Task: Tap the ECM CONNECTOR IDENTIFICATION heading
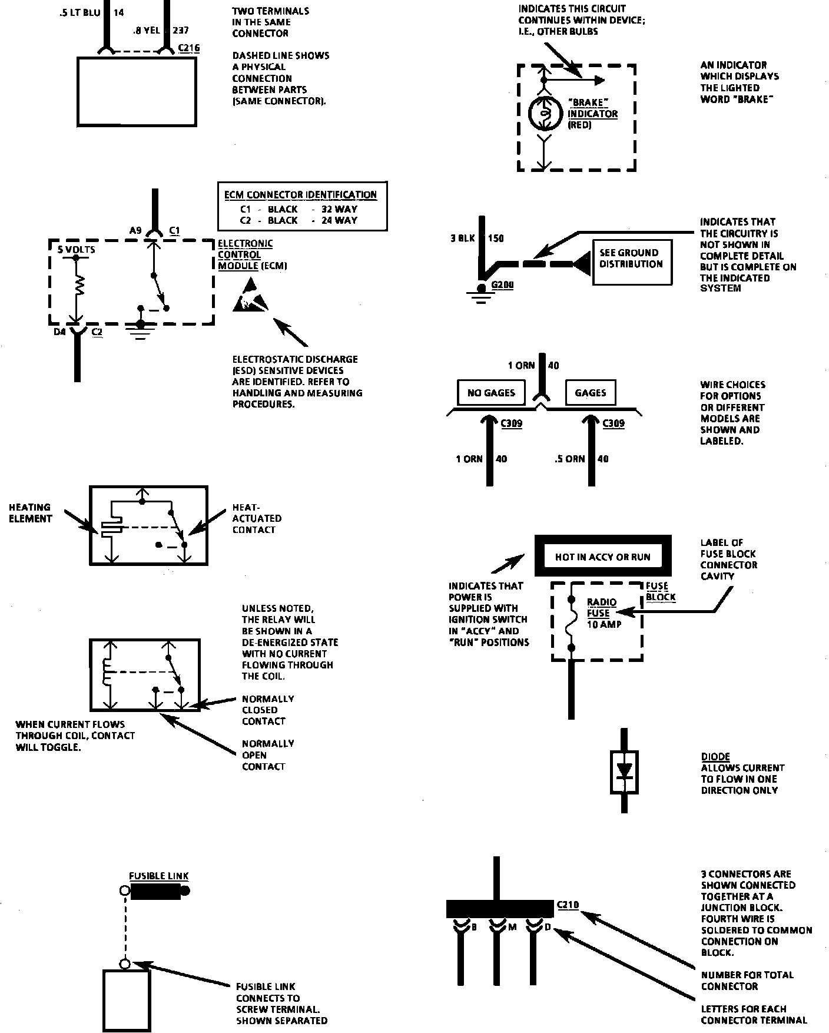(x=300, y=195)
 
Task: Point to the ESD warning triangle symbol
(x=250, y=294)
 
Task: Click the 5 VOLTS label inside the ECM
(x=77, y=250)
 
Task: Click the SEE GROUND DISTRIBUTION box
(x=631, y=263)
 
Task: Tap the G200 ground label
(x=502, y=285)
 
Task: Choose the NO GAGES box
(x=491, y=393)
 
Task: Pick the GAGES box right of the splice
(x=591, y=393)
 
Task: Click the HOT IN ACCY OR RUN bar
(x=602, y=556)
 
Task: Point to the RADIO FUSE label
(x=602, y=607)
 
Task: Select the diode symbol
(x=624, y=771)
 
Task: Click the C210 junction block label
(x=567, y=905)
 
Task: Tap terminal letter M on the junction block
(x=512, y=928)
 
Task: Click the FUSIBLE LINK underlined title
(x=159, y=876)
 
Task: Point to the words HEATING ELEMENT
(x=30, y=513)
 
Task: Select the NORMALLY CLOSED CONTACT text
(x=268, y=710)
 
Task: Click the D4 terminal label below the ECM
(x=60, y=332)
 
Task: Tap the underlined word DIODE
(x=715, y=756)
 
